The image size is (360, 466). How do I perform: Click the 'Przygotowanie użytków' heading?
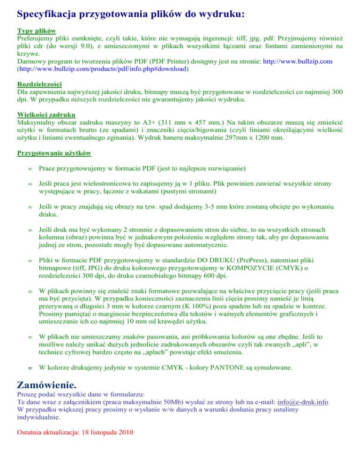tap(54, 153)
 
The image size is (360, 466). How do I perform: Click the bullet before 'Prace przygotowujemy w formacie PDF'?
tap(29, 168)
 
